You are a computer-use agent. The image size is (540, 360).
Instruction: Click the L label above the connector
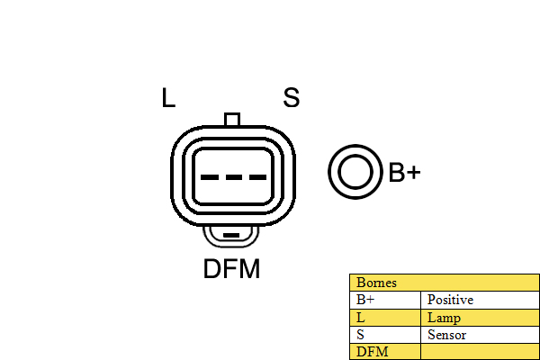(x=168, y=98)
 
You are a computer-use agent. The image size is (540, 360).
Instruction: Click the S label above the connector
(x=291, y=98)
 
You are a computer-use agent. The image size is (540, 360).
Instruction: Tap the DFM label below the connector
(x=231, y=269)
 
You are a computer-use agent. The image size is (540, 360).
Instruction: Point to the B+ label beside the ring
(x=404, y=173)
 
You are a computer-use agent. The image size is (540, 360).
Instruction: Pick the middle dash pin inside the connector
(x=232, y=176)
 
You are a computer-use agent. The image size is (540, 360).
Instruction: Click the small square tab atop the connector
(x=232, y=120)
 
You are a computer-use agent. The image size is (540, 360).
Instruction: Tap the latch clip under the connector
(x=232, y=237)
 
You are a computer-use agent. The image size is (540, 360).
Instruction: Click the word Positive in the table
(x=450, y=300)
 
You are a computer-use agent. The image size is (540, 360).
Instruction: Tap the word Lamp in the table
(x=444, y=317)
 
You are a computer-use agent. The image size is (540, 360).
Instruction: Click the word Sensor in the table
(x=446, y=334)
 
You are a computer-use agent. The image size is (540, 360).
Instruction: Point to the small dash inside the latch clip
(x=232, y=237)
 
